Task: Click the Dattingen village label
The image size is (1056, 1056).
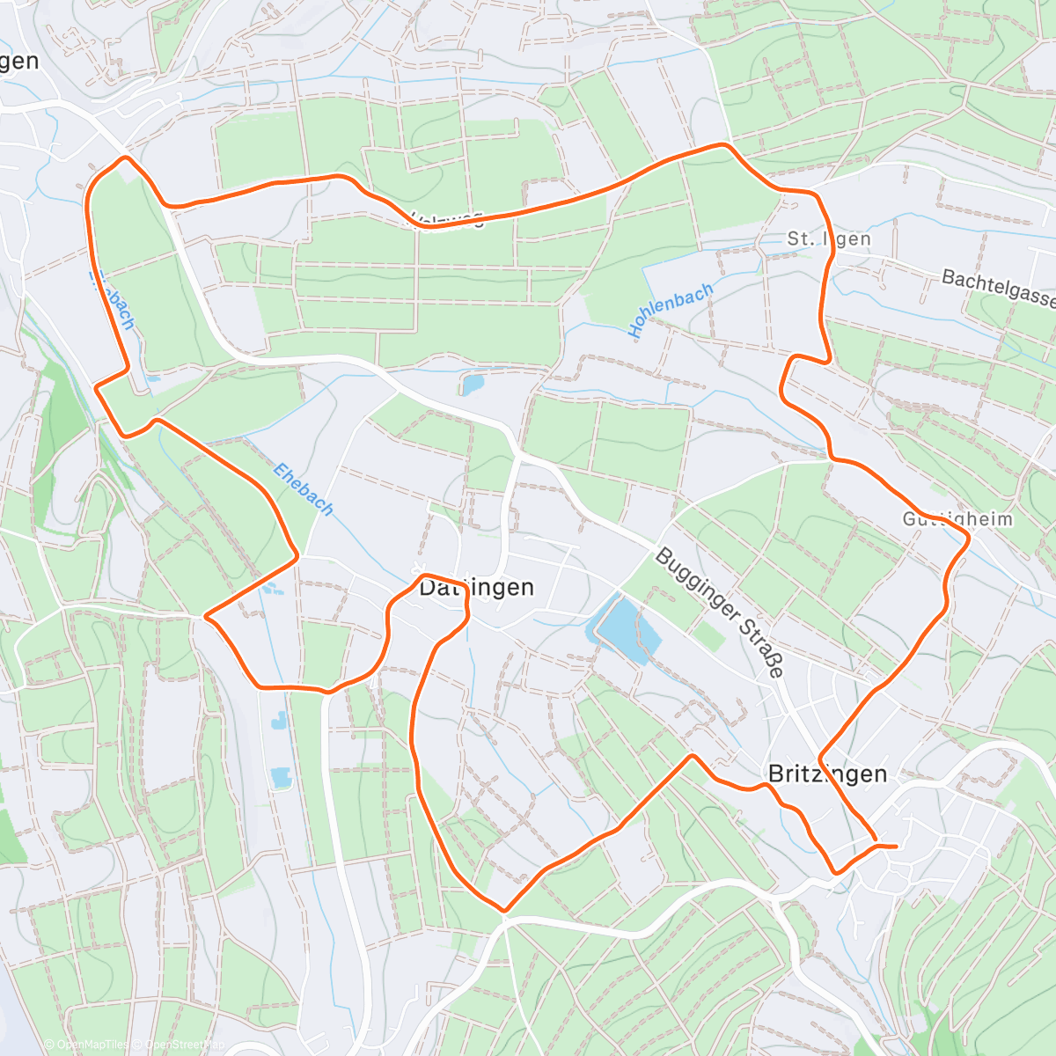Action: pos(476,587)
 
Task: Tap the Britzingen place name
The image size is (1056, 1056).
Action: pos(827,774)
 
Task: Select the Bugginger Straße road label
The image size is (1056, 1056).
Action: pos(719,612)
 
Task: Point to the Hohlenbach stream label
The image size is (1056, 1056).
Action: pos(671,311)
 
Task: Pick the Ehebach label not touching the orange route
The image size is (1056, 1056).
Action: pos(304,489)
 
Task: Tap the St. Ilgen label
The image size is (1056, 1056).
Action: pos(829,238)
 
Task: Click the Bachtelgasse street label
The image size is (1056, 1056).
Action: pos(998,289)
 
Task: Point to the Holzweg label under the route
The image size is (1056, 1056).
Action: pos(449,220)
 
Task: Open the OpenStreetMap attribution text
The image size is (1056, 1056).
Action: pos(185,1045)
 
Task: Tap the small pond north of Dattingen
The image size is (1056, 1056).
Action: pos(472,385)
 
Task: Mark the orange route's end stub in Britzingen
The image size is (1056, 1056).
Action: pos(889,847)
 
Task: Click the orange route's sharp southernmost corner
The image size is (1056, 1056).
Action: pos(503,910)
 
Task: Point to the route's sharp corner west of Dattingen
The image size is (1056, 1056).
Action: pos(207,616)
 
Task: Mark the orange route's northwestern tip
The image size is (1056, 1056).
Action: pos(125,158)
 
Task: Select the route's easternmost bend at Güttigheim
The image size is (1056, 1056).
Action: pos(969,540)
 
